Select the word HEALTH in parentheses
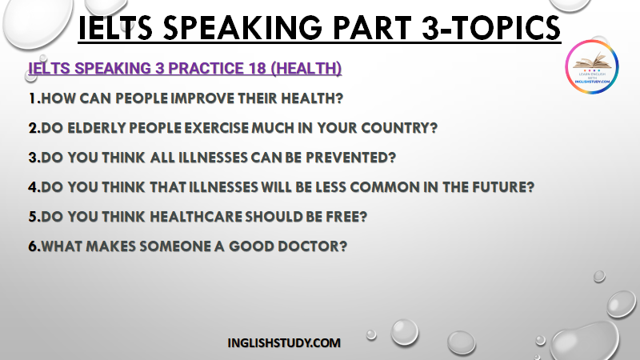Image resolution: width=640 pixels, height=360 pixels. coord(306,68)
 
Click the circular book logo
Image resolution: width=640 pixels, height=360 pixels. coord(592,66)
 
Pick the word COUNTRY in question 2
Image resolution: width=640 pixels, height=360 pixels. coord(395,128)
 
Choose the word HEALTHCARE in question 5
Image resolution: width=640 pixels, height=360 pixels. coord(195,217)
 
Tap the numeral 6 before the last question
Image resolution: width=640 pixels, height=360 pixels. coord(33,246)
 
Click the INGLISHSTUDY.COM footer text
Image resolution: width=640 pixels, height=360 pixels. coord(284,343)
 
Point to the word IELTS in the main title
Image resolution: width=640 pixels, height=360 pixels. coord(115,28)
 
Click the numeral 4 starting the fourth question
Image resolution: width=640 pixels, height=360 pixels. coord(33,187)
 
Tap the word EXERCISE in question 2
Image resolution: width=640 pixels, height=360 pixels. coord(216,128)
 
